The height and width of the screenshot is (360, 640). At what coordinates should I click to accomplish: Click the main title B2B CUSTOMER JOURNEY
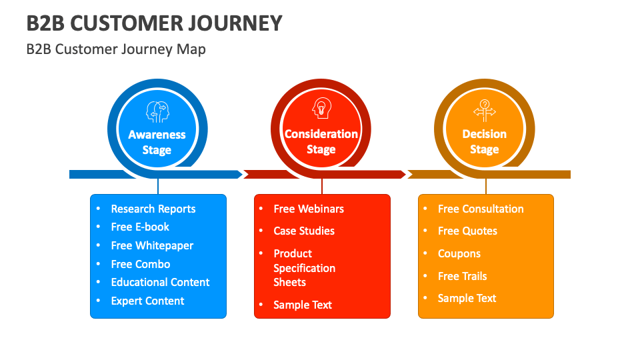coord(154,23)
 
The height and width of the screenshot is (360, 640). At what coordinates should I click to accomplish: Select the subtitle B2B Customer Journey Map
coord(116,49)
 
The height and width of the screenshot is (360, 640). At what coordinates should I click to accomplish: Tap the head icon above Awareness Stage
coord(157,111)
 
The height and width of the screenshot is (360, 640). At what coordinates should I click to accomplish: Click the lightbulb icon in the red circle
coord(321,109)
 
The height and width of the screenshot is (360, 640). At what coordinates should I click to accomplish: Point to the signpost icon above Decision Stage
coord(485,109)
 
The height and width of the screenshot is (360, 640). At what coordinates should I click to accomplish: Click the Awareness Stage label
coord(157,142)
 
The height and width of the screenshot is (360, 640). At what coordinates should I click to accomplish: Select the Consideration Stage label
coord(321,142)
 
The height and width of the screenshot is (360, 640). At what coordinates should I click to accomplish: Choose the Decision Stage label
coord(485,142)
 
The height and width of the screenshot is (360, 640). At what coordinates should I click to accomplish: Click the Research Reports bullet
coord(153,209)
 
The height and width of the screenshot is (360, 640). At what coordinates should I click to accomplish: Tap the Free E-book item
coord(140,227)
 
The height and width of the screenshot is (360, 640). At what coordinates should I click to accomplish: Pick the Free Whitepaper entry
coord(152,245)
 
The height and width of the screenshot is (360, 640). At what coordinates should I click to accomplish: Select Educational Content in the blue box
coord(160,282)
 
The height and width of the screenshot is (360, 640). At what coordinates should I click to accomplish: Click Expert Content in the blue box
coord(147,301)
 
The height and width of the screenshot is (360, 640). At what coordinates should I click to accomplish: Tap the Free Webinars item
coord(309,209)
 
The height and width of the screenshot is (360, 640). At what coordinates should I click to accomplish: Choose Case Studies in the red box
coord(304,231)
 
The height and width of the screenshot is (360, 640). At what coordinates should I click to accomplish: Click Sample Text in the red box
coord(303,305)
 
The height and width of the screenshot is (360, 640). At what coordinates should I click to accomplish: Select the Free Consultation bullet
coord(481,209)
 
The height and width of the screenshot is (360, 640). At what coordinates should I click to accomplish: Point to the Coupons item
coord(459,253)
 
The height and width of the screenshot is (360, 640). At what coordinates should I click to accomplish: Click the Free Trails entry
coord(462,276)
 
